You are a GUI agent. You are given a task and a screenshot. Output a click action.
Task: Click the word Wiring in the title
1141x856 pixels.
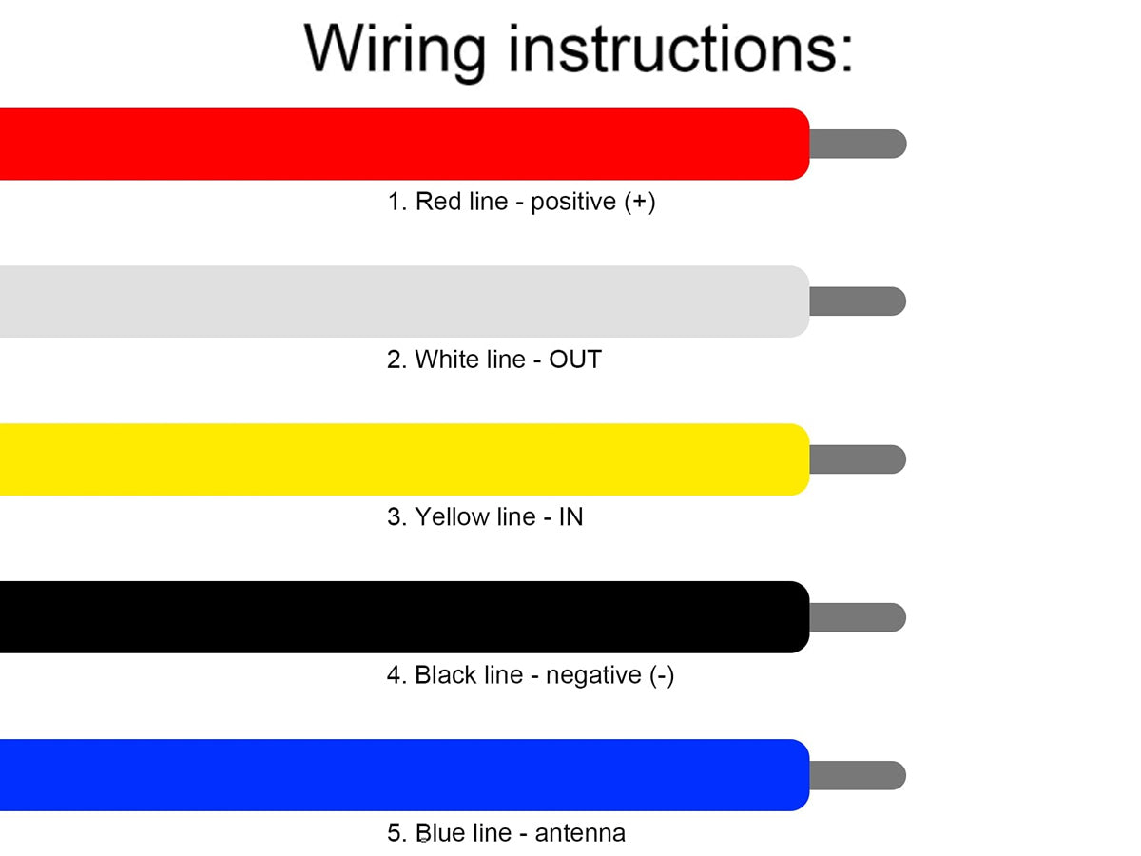pos(395,51)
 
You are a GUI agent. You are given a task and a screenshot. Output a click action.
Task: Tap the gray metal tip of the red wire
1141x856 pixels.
pos(858,144)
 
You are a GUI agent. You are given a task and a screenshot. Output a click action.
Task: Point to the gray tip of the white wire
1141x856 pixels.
pos(858,302)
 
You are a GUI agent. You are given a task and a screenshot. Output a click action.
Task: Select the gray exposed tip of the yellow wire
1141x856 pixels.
pos(858,459)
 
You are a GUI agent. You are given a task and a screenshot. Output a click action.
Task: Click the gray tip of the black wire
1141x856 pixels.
pos(858,617)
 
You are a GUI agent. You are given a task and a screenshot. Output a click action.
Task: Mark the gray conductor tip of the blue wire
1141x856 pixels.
pos(858,775)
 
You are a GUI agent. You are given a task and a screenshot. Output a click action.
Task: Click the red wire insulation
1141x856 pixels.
pos(404,144)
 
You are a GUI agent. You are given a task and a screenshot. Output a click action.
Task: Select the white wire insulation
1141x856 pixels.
pos(404,302)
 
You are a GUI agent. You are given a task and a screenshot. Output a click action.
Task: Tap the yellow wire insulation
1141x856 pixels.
pos(404,459)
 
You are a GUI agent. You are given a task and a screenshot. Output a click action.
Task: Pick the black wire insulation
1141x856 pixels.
pos(404,617)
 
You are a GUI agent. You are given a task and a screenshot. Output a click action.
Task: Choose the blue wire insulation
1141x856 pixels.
pos(404,775)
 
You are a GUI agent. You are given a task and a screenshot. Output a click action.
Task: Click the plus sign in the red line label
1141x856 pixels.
pos(639,202)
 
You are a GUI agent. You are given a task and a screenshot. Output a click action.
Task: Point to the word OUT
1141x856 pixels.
pos(575,360)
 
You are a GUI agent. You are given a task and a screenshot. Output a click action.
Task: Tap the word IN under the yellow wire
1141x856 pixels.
pos(570,516)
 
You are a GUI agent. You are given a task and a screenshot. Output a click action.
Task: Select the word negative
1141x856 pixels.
pos(593,676)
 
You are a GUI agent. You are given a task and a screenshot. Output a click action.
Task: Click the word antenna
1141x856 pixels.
pos(580,833)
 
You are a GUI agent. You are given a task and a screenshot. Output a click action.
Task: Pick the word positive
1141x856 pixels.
pos(573,203)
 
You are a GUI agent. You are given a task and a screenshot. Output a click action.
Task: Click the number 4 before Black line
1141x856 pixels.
pos(394,675)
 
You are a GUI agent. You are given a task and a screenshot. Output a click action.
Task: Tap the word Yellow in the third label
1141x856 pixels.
pos(449,516)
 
